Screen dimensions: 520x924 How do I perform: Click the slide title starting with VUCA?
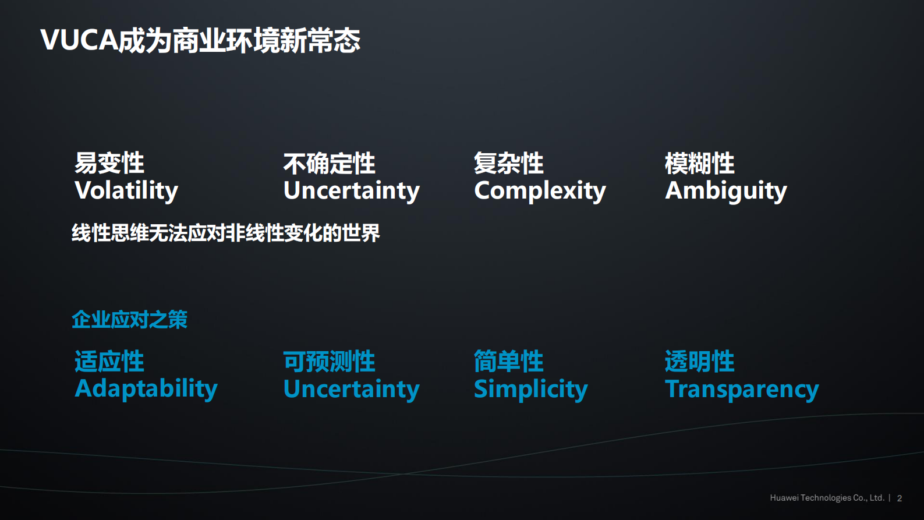click(x=200, y=40)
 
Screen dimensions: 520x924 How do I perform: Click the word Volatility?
click(x=126, y=190)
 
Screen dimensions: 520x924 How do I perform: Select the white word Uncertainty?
click(x=351, y=190)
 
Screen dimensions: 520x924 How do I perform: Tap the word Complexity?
click(x=540, y=190)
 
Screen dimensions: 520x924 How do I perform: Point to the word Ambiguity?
click(x=725, y=190)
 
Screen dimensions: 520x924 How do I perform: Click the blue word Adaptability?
click(x=146, y=388)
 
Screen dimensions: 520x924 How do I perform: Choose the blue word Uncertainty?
click(x=351, y=388)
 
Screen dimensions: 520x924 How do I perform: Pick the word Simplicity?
click(x=530, y=388)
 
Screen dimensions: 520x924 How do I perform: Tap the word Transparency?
click(x=742, y=388)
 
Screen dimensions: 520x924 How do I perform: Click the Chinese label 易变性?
click(x=109, y=163)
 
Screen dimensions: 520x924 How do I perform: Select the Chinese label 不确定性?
click(x=330, y=164)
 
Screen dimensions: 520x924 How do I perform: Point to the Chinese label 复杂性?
click(x=509, y=163)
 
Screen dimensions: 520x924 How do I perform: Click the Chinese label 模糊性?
click(x=700, y=163)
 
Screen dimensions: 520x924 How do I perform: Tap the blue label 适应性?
click(x=109, y=362)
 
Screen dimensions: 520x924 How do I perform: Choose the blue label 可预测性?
click(x=330, y=362)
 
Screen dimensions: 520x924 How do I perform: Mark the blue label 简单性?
click(x=509, y=362)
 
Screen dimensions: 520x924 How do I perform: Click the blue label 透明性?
click(x=700, y=362)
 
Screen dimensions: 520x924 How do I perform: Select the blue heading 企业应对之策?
click(x=129, y=319)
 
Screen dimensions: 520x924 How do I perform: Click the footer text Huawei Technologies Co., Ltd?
click(x=827, y=498)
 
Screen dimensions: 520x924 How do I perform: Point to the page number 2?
click(x=900, y=498)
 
